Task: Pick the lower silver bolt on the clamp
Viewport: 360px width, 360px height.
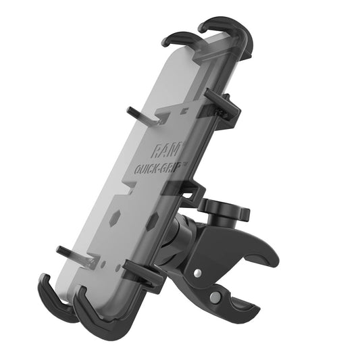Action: (214, 297)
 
